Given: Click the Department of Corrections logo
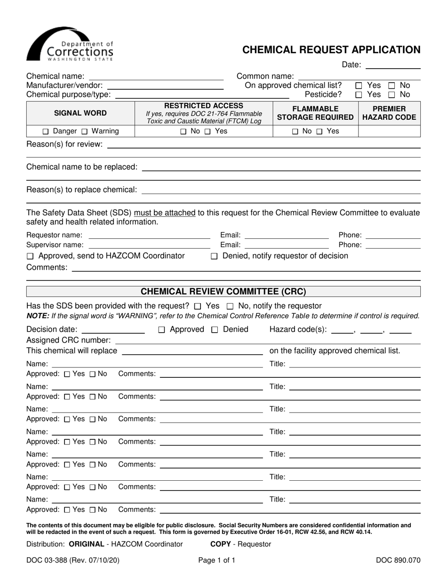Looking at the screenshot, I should [x=70, y=45].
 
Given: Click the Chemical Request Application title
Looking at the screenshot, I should [x=331, y=50].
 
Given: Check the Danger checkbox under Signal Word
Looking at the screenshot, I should [x=46, y=132].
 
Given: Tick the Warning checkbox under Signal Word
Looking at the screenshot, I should [x=85, y=132].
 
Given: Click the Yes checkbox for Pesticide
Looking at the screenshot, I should [x=359, y=94].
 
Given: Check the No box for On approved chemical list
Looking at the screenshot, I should [x=391, y=86].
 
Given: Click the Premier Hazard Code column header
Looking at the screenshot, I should [x=389, y=113].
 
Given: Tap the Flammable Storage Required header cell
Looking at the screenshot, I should [x=315, y=113].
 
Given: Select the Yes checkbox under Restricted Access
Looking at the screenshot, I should [x=208, y=132].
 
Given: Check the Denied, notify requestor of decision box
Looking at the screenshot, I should [x=214, y=256].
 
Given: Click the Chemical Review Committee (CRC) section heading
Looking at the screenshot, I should [x=223, y=291].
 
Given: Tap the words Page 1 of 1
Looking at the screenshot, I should [x=217, y=560].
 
